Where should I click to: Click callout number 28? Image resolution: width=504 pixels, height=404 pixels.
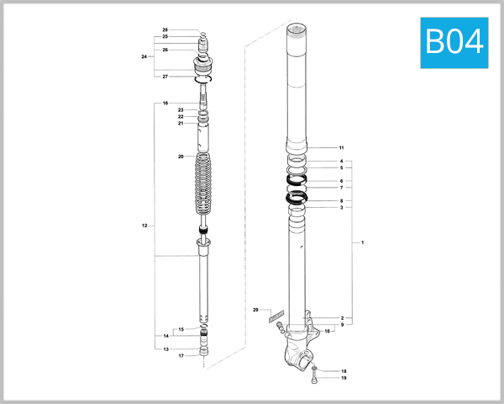click(x=165, y=29)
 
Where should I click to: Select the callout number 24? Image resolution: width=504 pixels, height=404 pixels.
click(x=144, y=56)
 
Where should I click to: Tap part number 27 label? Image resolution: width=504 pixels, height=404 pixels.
click(x=165, y=77)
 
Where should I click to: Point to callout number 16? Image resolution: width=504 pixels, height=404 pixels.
click(x=165, y=103)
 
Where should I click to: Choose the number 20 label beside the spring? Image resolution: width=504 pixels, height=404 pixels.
click(x=180, y=157)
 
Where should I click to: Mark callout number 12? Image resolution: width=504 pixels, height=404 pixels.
click(x=144, y=226)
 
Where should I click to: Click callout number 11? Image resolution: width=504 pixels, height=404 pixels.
click(x=341, y=147)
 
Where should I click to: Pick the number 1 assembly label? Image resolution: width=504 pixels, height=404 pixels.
click(x=362, y=242)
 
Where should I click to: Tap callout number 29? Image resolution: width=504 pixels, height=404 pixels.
click(x=255, y=311)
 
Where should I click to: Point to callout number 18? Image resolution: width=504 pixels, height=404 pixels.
click(x=343, y=370)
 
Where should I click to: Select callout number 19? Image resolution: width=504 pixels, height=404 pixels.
click(x=343, y=378)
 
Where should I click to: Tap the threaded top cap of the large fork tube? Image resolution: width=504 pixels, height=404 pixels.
click(x=298, y=32)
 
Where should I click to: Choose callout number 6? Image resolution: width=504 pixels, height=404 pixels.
click(x=341, y=181)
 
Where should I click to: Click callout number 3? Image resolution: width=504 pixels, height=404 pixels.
click(x=341, y=207)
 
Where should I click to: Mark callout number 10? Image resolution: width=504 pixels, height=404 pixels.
click(x=328, y=332)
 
